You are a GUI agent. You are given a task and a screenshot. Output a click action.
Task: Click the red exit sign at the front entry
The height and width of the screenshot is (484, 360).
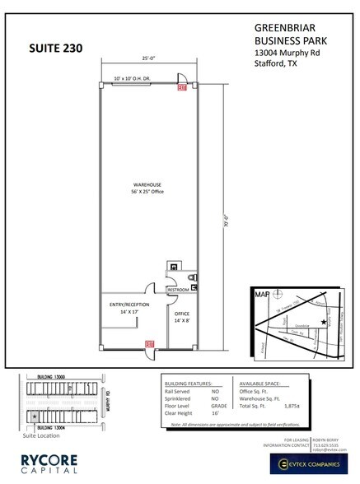click(x=149, y=344)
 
